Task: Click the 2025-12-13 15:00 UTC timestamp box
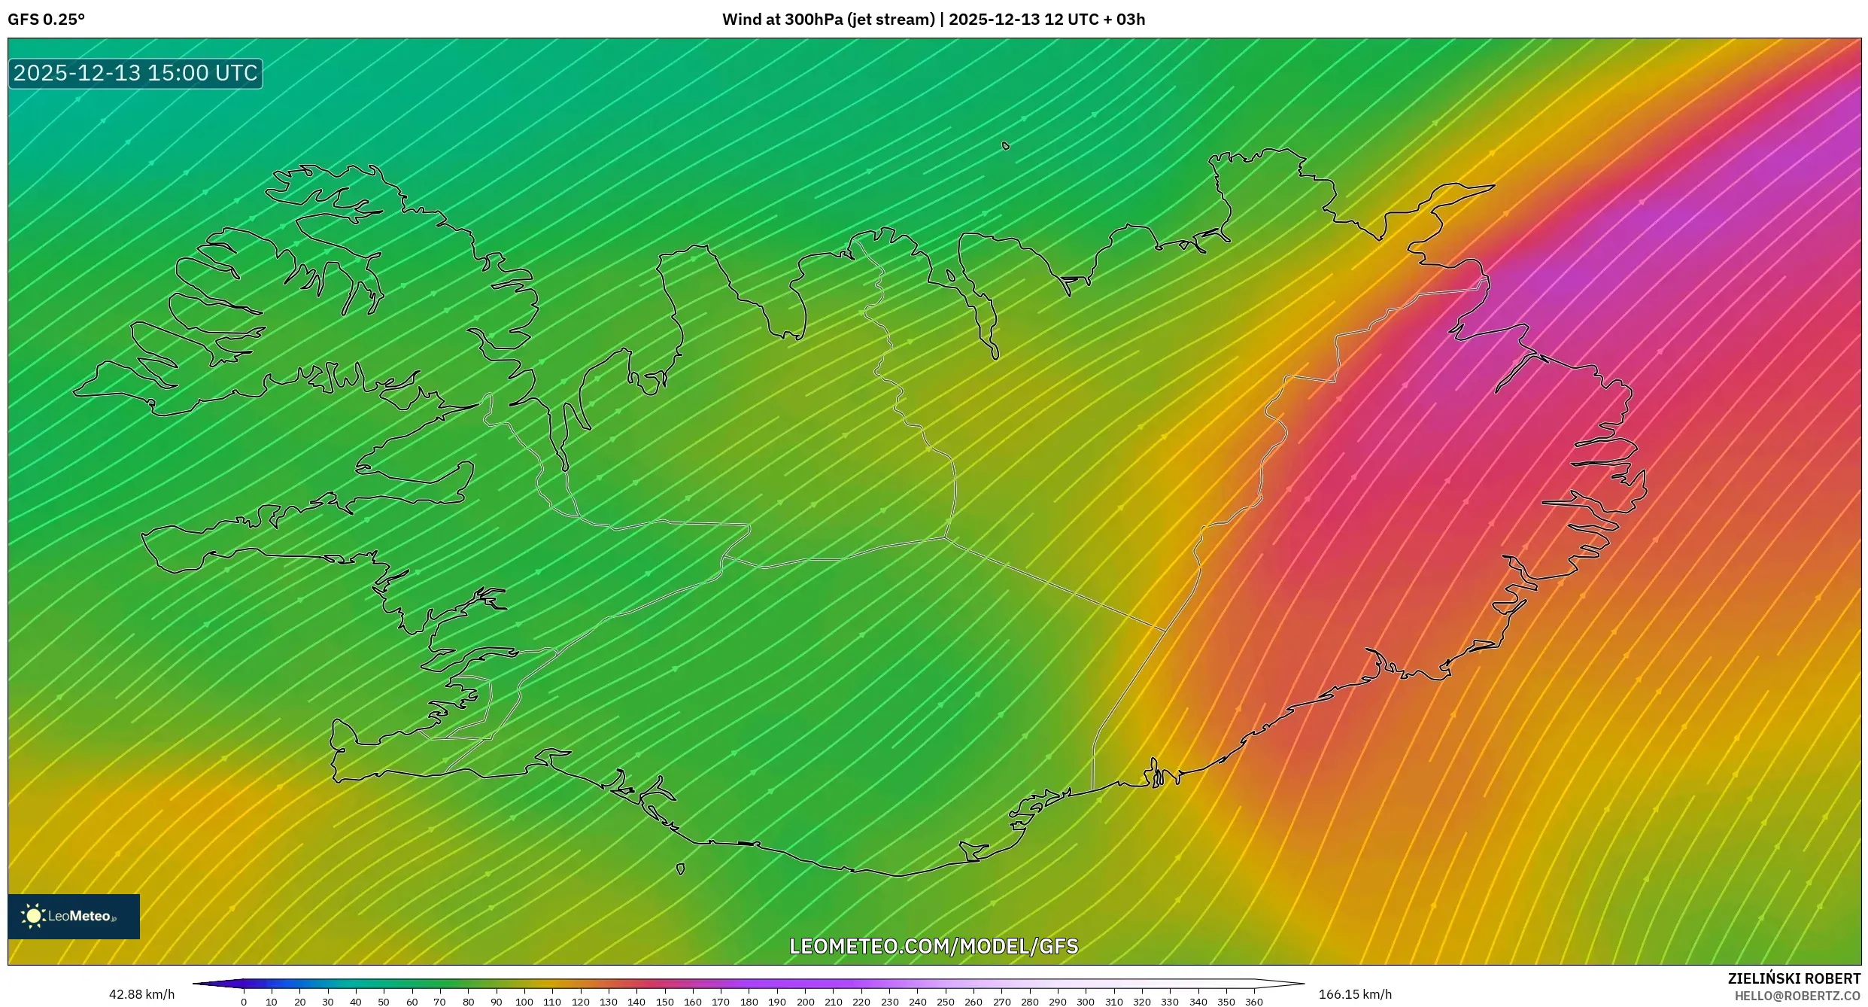click(135, 73)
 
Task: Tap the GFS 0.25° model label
click(46, 20)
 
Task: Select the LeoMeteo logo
click(74, 916)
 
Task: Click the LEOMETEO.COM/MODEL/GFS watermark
click(934, 946)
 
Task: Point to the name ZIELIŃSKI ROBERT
click(1794, 978)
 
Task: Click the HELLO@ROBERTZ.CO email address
click(1797, 996)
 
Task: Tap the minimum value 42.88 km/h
click(141, 994)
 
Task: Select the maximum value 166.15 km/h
click(1355, 994)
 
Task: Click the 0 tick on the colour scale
click(244, 1002)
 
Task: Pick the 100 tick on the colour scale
click(524, 1002)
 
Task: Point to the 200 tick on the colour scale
click(805, 1002)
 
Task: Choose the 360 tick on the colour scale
click(1254, 1002)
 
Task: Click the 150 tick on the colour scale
click(664, 1002)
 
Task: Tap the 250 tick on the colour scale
click(946, 1002)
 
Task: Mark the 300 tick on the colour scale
click(1086, 1002)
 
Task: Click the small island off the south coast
click(681, 869)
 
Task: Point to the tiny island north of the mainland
click(1006, 146)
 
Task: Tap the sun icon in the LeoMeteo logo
click(33, 916)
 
